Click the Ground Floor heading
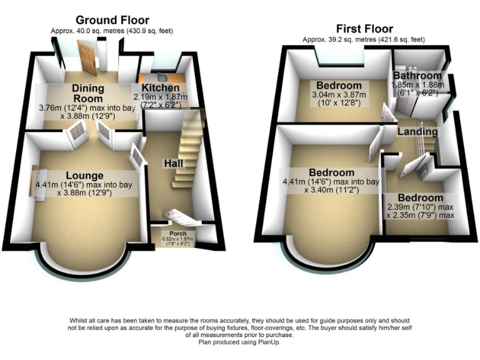point(112,20)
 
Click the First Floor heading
point(364,29)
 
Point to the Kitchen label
point(157,88)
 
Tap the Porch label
point(177,234)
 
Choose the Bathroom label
point(417,76)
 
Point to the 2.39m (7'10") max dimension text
point(419,207)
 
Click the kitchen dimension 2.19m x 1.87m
point(156,97)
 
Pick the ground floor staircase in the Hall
point(187,150)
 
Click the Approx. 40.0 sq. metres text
point(112,31)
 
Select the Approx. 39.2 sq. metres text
point(364,39)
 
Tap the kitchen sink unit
point(161,77)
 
